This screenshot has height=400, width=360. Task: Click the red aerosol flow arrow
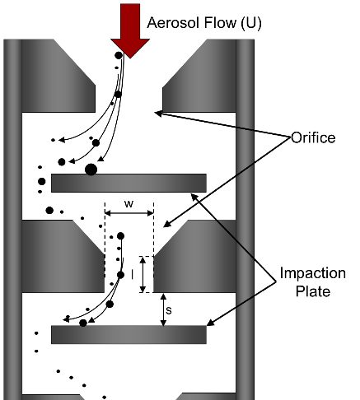tap(130, 30)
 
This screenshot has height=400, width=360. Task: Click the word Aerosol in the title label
tap(175, 22)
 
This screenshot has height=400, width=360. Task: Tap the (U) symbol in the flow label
tap(251, 23)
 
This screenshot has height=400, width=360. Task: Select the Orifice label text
tap(313, 137)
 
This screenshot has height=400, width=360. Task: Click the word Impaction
tap(313, 273)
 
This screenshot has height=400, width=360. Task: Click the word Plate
tap(313, 291)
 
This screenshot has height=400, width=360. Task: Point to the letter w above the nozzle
tap(129, 204)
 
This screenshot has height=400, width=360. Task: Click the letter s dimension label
tap(169, 310)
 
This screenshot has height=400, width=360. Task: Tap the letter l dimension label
tap(133, 274)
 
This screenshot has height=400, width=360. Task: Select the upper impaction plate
tap(129, 183)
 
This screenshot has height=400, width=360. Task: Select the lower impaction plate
tap(129, 334)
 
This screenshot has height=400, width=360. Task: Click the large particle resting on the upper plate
tap(91, 170)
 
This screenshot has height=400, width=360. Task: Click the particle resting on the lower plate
tap(83, 323)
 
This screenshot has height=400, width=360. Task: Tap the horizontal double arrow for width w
tap(129, 213)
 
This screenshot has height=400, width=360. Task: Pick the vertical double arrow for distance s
tap(163, 309)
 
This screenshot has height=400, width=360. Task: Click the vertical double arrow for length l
tap(143, 274)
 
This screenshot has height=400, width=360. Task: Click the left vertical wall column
tap(12, 220)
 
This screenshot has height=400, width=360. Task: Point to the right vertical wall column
tap(245, 220)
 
